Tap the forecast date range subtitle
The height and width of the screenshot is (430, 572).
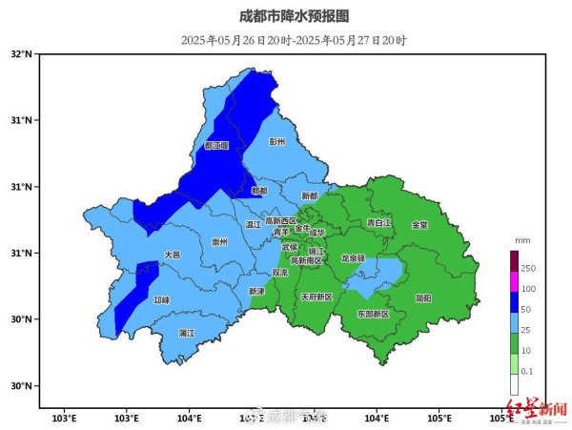(295, 40)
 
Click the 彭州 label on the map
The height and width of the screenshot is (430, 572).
(277, 142)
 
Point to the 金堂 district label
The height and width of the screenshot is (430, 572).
(419, 225)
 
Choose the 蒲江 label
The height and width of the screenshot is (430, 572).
(187, 333)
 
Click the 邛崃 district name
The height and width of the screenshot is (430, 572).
(161, 300)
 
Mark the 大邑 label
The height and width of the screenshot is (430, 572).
(172, 255)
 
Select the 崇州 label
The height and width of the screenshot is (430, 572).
(219, 242)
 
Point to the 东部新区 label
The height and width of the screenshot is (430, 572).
(373, 314)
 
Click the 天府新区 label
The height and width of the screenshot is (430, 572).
(317, 297)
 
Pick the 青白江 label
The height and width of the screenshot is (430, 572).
(378, 222)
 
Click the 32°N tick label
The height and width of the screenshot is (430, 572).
(22, 54)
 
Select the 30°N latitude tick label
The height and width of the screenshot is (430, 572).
(22, 386)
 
